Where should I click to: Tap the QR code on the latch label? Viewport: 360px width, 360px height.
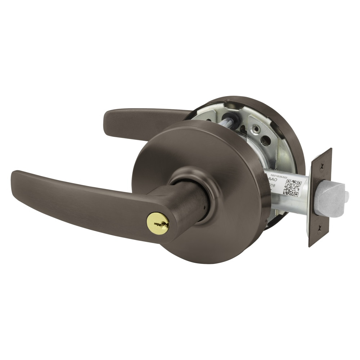(292, 188)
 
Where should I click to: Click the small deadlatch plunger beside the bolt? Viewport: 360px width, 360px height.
(346, 196)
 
